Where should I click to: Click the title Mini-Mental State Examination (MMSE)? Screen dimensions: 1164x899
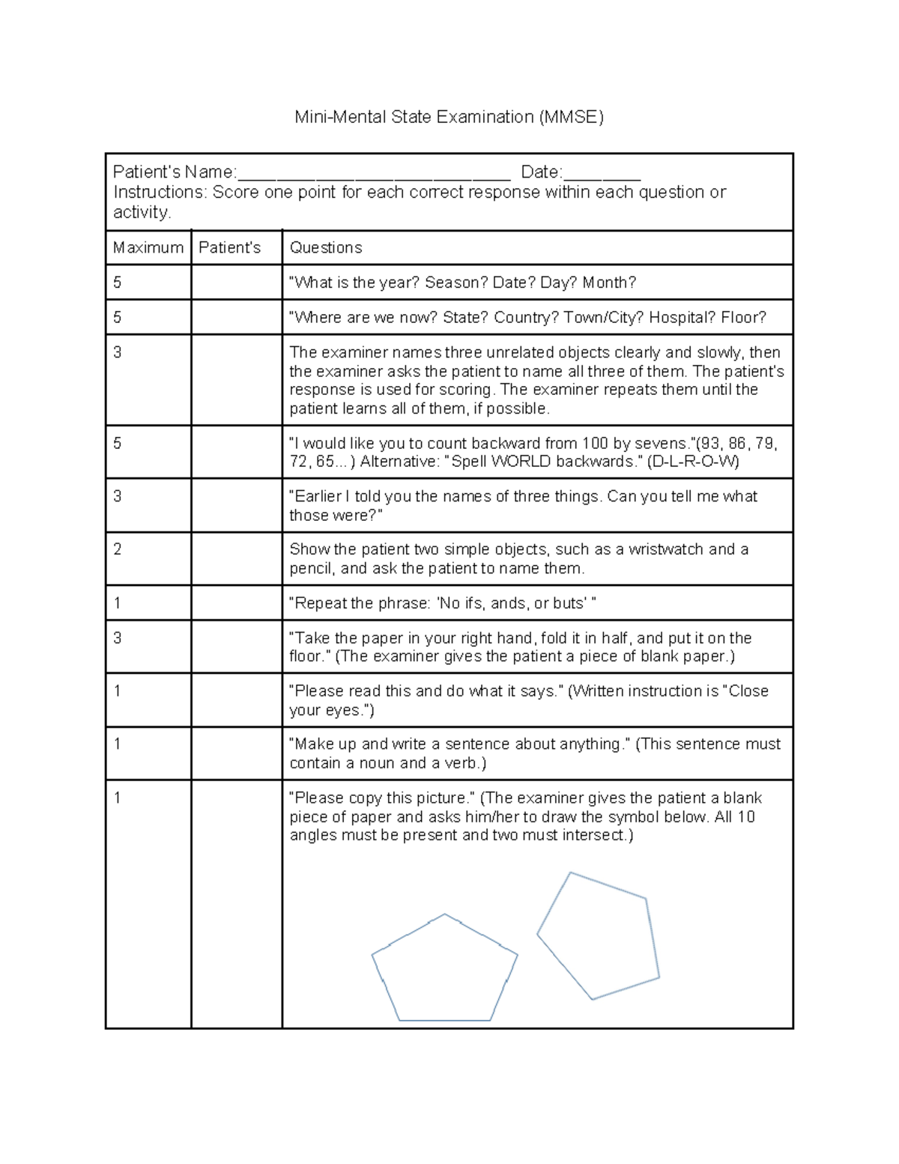[449, 117]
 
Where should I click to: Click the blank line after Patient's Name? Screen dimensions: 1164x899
[373, 177]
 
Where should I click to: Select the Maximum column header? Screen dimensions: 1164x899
[148, 247]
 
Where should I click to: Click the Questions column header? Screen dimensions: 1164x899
[326, 247]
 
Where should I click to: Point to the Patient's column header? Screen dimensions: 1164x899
[229, 247]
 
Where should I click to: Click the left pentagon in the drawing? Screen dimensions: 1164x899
[444, 971]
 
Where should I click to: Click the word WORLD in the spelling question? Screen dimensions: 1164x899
[517, 462]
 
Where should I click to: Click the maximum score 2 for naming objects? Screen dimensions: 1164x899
[118, 549]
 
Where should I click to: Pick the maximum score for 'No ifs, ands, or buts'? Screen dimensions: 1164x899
[118, 603]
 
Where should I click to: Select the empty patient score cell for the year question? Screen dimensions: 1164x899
[236, 283]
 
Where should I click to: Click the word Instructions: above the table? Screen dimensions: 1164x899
[160, 193]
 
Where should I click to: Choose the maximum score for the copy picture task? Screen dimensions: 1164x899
[118, 798]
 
